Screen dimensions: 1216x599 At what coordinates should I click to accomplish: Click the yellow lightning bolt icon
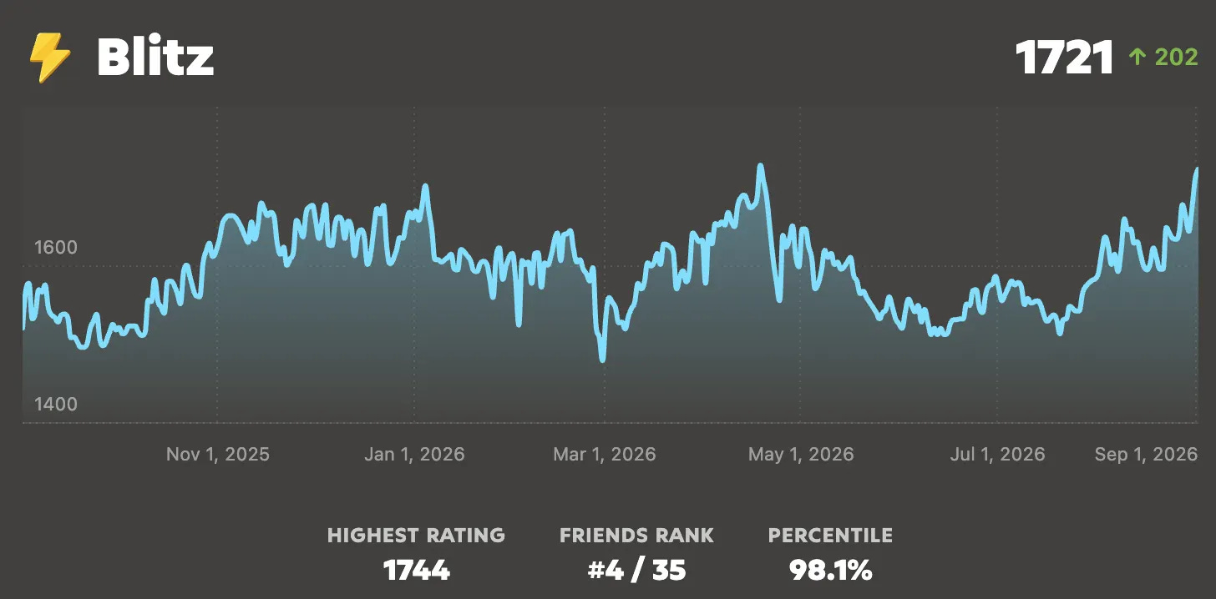point(50,58)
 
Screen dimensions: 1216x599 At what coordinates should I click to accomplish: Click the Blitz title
point(155,57)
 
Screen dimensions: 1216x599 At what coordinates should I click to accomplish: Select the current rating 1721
point(1065,58)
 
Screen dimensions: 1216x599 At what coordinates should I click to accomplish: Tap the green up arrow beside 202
point(1137,57)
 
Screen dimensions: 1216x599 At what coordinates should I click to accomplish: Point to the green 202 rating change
point(1177,58)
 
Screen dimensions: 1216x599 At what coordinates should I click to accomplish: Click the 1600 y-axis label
point(56,248)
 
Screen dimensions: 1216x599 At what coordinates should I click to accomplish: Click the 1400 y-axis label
point(56,404)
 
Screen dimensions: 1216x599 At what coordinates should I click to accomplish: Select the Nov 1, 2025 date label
point(218,455)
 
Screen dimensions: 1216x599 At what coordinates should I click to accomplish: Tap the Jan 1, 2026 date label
point(414,455)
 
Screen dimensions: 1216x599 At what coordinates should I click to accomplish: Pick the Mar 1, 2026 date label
point(604,455)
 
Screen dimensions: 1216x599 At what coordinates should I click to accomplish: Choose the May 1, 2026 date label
point(801,455)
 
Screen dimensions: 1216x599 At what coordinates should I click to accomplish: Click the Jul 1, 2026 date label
point(997,455)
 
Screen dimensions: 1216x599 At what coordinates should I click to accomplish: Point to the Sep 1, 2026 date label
point(1146,455)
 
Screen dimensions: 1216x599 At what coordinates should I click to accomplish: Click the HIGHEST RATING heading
point(417,536)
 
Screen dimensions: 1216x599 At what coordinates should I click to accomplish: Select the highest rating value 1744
point(417,571)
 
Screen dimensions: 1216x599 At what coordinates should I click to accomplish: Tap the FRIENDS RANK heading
point(636,536)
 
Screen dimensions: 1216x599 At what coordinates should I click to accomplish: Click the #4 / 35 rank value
point(636,571)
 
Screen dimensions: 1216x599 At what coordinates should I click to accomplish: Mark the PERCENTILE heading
point(830,536)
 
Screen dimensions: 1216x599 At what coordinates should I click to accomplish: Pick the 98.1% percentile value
point(830,571)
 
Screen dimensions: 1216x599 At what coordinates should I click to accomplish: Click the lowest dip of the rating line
point(602,359)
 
